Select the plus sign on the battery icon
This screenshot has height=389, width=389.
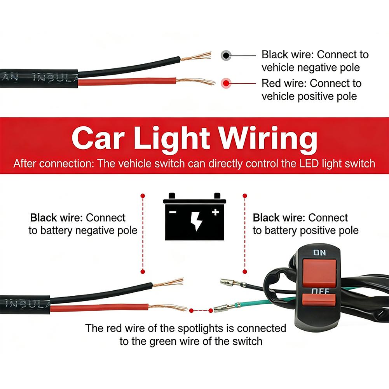pos(215,212)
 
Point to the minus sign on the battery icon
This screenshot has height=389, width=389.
pos(173,212)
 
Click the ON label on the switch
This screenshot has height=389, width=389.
pos(319,253)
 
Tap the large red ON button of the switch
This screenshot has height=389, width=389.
pos(319,272)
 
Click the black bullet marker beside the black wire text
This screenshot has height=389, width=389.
pos(226,55)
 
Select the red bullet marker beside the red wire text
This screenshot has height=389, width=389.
pos(226,83)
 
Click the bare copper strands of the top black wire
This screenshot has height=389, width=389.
pos(196,56)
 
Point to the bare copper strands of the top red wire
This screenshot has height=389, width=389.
pos(195,81)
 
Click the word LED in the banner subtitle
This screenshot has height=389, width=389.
pos(309,164)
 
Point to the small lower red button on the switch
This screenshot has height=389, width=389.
pos(319,300)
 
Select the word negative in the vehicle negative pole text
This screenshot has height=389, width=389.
pos(317,68)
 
